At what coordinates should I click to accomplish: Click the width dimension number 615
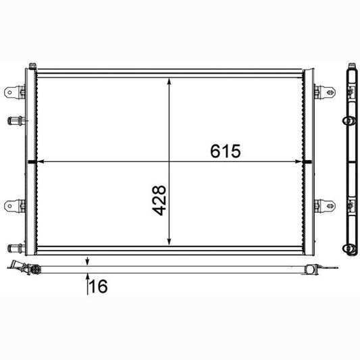pyautogui.click(x=226, y=151)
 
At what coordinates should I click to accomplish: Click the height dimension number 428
pyautogui.click(x=159, y=201)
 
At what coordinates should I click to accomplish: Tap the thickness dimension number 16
pyautogui.click(x=98, y=286)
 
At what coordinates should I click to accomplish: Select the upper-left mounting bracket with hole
pyautogui.click(x=14, y=93)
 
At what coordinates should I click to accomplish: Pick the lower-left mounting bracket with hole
pyautogui.click(x=14, y=206)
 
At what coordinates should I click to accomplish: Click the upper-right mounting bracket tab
pyautogui.click(x=325, y=93)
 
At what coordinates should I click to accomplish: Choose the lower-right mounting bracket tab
pyautogui.click(x=325, y=206)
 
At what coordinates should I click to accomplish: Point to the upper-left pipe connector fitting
pyautogui.click(x=16, y=121)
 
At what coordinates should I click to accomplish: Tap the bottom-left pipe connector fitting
pyautogui.click(x=16, y=248)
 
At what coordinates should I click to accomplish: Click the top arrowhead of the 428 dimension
pyautogui.click(x=170, y=82)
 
